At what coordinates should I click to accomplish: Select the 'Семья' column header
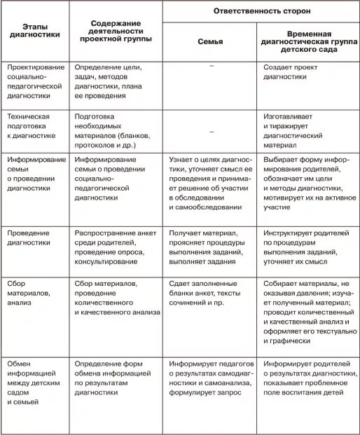[211, 42]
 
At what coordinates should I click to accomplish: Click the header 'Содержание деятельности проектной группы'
[117, 29]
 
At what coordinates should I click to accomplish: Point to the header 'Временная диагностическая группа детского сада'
[309, 42]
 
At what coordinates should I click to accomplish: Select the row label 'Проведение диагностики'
[29, 238]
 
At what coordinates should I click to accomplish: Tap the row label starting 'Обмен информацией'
[32, 383]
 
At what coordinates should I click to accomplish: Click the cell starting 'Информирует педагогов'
[211, 378]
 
